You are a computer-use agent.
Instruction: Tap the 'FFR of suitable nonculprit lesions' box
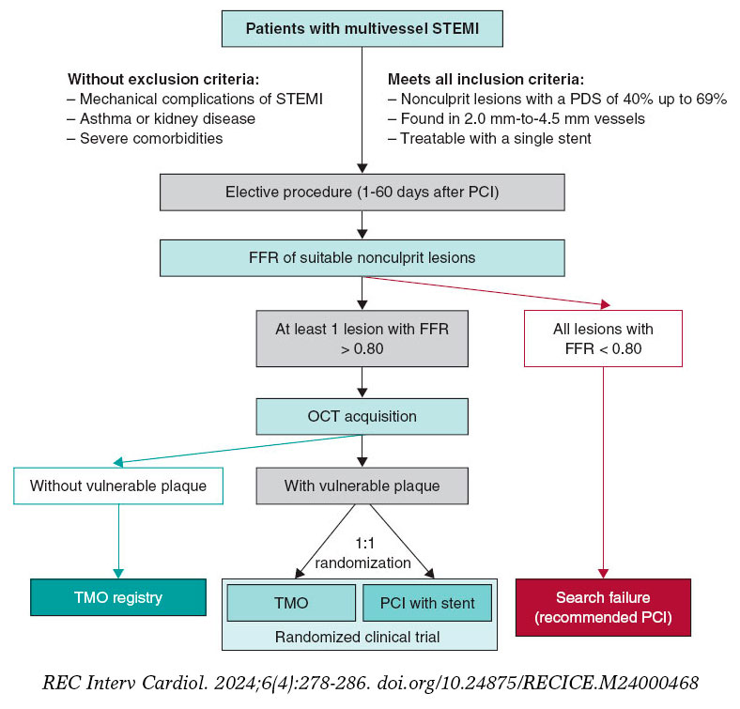click(x=362, y=257)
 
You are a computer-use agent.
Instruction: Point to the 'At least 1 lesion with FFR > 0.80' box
click(x=362, y=339)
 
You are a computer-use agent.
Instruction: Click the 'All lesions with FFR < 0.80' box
click(x=604, y=339)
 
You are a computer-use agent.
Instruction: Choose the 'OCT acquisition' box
click(x=362, y=416)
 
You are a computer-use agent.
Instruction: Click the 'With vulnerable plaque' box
click(x=362, y=486)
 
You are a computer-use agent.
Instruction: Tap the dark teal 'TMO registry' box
click(x=117, y=596)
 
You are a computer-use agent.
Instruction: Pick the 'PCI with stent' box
click(x=426, y=603)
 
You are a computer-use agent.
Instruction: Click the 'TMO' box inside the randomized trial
click(x=292, y=603)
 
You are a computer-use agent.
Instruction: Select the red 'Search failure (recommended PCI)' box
click(x=603, y=606)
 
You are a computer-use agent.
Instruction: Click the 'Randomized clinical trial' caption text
click(x=360, y=636)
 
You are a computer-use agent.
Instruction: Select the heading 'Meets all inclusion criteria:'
click(x=486, y=79)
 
